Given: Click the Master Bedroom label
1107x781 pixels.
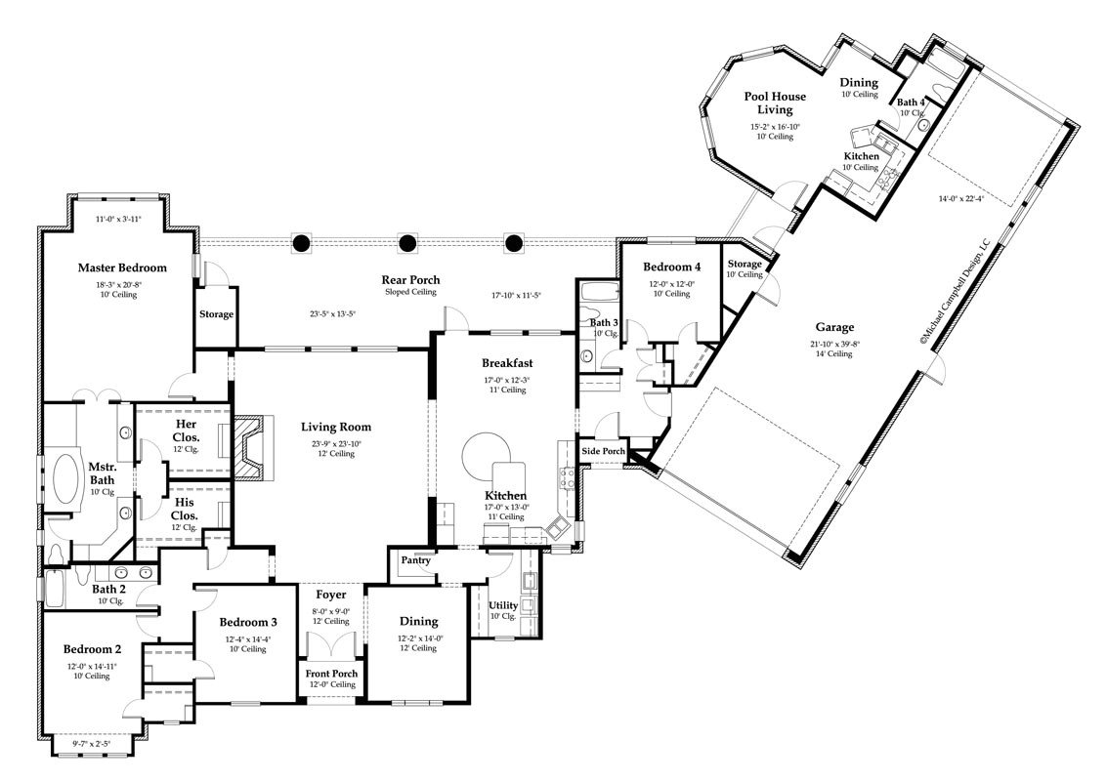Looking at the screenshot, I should coord(122,267).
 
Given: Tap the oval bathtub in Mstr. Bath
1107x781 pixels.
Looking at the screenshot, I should coord(65,480).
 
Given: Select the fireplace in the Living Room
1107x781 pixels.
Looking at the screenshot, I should coord(250,449).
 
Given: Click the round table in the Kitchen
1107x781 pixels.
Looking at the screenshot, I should coord(482,455).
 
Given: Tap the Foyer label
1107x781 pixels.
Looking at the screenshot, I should coord(331,594).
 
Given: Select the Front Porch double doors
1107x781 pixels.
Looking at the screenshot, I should coord(331,647).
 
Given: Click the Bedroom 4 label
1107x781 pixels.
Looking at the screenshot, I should coord(672,267).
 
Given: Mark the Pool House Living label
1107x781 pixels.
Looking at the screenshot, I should coord(775,103).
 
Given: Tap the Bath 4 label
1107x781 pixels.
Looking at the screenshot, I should coord(911,103).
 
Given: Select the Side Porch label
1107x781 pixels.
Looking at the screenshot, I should coord(604,451).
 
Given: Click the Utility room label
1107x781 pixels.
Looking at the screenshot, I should coord(503,605).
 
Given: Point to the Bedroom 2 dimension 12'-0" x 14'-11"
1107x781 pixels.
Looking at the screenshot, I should coord(92,666).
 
